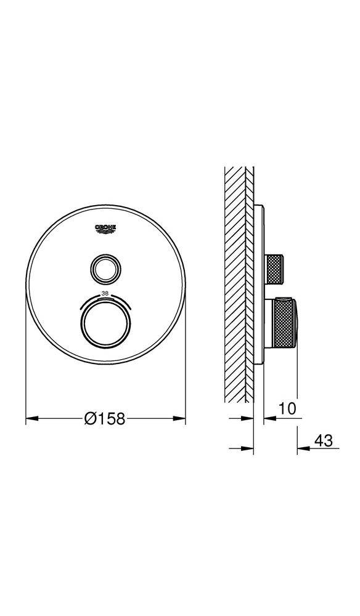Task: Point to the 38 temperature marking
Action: click(x=105, y=293)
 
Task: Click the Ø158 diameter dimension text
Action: click(x=105, y=419)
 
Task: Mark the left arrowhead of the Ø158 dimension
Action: click(x=30, y=419)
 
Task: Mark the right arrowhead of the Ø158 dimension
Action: click(x=181, y=419)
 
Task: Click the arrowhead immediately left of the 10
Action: click(x=268, y=419)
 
